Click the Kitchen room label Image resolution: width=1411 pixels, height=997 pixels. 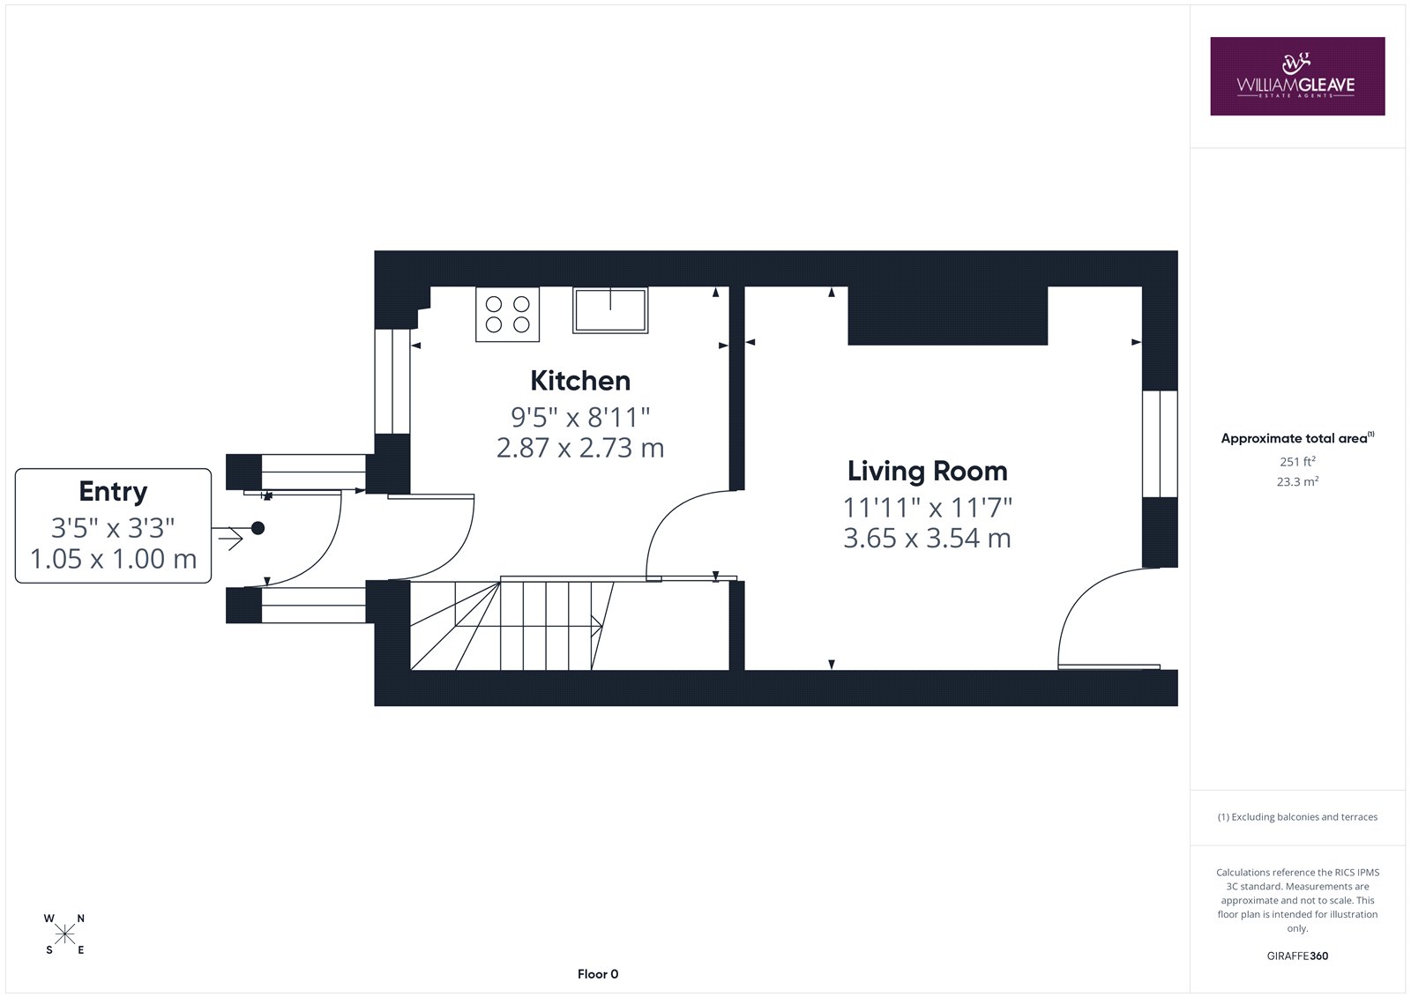click(x=580, y=381)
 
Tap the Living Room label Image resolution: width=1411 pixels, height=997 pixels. click(x=927, y=471)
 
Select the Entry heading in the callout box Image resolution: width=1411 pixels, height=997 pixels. click(x=114, y=492)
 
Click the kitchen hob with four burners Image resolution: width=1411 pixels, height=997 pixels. click(x=507, y=315)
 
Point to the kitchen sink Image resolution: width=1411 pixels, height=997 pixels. click(x=610, y=310)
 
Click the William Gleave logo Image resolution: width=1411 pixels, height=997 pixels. click(x=1297, y=76)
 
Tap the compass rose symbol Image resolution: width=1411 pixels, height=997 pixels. click(x=65, y=934)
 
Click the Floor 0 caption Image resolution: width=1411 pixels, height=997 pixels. click(x=598, y=974)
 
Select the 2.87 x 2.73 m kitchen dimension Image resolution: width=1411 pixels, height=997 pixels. click(x=580, y=448)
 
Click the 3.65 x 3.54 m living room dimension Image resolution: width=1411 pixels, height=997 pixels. click(x=927, y=538)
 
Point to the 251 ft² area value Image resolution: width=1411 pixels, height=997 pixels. click(x=1297, y=461)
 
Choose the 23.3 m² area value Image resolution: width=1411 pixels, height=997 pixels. click(x=1297, y=481)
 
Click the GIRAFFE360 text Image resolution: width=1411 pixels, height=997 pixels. click(x=1297, y=956)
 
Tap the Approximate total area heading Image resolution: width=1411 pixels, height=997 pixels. click(x=1297, y=438)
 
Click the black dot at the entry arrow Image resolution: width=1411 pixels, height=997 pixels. click(x=258, y=528)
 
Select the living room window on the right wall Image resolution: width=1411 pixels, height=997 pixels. click(x=1160, y=444)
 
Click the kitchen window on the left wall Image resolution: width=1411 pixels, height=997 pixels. click(x=392, y=382)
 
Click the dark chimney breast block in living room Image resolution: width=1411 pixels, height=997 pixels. click(x=947, y=316)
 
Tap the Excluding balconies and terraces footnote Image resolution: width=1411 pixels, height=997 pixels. click(x=1297, y=817)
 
